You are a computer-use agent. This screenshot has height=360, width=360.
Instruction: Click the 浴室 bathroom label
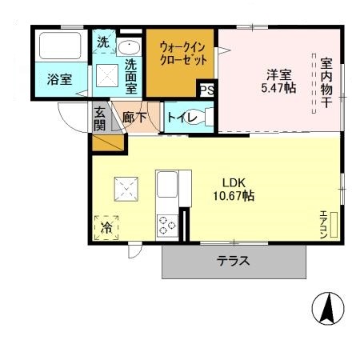(60, 79)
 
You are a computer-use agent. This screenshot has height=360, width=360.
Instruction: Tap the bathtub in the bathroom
(61, 48)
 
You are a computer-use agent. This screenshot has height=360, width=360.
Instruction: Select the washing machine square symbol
(106, 76)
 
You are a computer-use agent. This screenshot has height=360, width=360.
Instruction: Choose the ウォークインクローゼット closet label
(182, 52)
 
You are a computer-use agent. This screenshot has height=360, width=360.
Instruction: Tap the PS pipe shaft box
(207, 90)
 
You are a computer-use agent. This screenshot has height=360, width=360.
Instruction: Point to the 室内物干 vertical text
(326, 80)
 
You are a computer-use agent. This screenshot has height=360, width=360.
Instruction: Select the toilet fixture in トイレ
(204, 118)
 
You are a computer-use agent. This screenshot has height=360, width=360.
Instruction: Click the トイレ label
(178, 118)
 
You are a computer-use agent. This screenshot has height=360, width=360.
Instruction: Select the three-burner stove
(167, 225)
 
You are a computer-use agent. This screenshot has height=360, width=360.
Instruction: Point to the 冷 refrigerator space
(107, 227)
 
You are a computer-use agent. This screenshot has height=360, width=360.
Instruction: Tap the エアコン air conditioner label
(324, 224)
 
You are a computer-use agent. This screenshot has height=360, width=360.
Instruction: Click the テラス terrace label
(234, 261)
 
